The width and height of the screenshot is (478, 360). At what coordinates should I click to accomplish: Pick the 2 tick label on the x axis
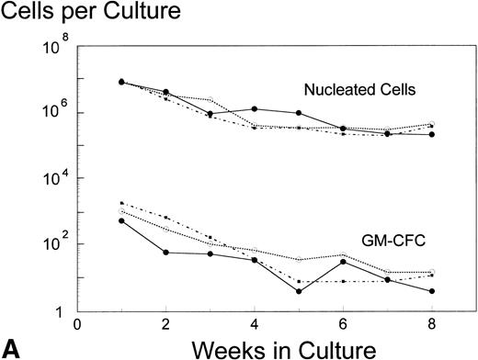click(x=166, y=323)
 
